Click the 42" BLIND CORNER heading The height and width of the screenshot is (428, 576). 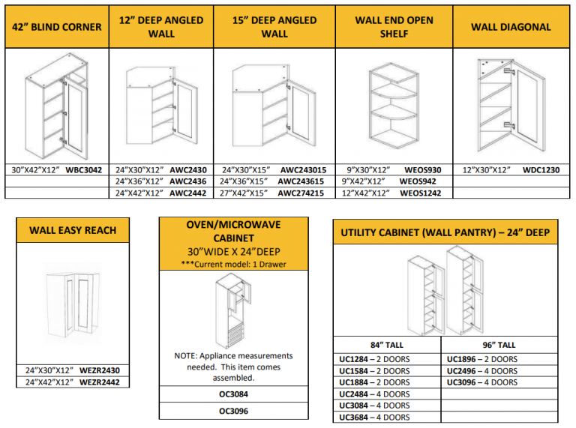[57, 27]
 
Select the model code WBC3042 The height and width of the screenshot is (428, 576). [84, 170]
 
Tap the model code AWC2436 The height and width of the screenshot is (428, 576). [187, 181]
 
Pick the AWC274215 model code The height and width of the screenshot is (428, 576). [301, 193]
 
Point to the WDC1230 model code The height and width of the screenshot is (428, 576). [541, 170]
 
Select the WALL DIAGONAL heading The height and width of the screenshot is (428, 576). [511, 27]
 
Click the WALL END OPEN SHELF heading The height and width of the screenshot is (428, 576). [394, 27]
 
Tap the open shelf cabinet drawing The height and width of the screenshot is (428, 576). [394, 106]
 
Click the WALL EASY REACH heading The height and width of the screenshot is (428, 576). [73, 230]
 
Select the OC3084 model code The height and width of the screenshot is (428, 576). [233, 393]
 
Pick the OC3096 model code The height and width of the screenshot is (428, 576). [233, 411]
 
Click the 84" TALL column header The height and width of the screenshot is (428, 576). [386, 346]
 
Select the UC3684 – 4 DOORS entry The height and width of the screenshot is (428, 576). [374, 417]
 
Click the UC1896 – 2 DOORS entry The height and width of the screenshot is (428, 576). [481, 359]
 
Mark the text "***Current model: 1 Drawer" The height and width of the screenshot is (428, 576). [233, 264]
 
